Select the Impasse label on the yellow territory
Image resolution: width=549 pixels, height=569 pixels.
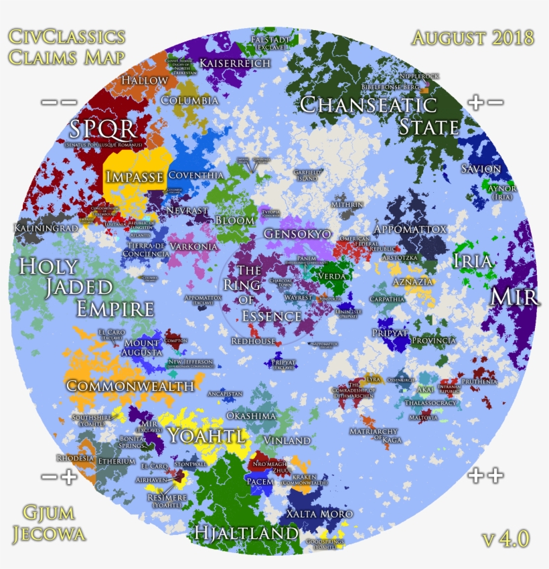[x=135, y=177]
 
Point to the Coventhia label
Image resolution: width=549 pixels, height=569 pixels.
[x=195, y=175]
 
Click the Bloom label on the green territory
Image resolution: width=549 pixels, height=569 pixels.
[x=235, y=220]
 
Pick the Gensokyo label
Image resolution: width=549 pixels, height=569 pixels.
[x=297, y=234]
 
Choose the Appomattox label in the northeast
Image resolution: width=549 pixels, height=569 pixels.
[x=410, y=229]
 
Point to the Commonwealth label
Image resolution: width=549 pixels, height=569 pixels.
[x=131, y=386]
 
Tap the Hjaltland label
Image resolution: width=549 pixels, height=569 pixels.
[x=246, y=533]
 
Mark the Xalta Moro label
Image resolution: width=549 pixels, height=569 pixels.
[x=319, y=514]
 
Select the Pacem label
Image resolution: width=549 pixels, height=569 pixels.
[x=260, y=481]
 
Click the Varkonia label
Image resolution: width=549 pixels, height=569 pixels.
[x=193, y=246]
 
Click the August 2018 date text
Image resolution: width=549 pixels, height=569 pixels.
[x=473, y=37]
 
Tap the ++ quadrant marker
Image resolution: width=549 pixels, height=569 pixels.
[x=485, y=476]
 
